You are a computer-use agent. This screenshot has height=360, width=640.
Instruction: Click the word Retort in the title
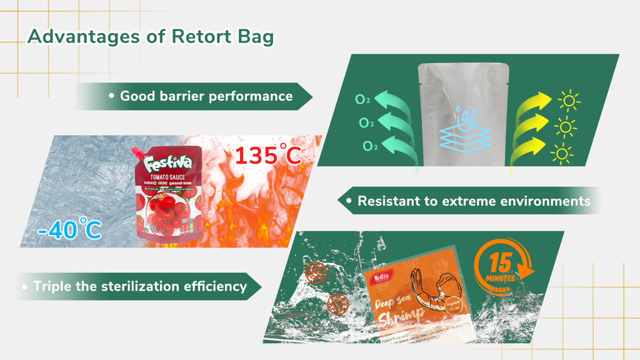click(201, 37)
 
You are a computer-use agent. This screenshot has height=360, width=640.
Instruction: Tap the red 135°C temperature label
click(268, 155)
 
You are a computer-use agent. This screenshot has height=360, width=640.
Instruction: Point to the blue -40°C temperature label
click(70, 229)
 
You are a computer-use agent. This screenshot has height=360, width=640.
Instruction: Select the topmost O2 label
click(362, 99)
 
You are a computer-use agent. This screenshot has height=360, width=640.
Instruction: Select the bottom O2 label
click(370, 146)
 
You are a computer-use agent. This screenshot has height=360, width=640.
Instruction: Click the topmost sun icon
click(569, 101)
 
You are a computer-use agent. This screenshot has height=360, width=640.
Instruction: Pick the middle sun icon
click(565, 127)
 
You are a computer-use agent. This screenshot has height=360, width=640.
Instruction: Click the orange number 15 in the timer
click(500, 263)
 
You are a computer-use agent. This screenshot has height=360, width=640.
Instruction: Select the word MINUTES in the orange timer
click(500, 278)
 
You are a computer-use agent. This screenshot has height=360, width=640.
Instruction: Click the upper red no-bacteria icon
click(315, 272)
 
